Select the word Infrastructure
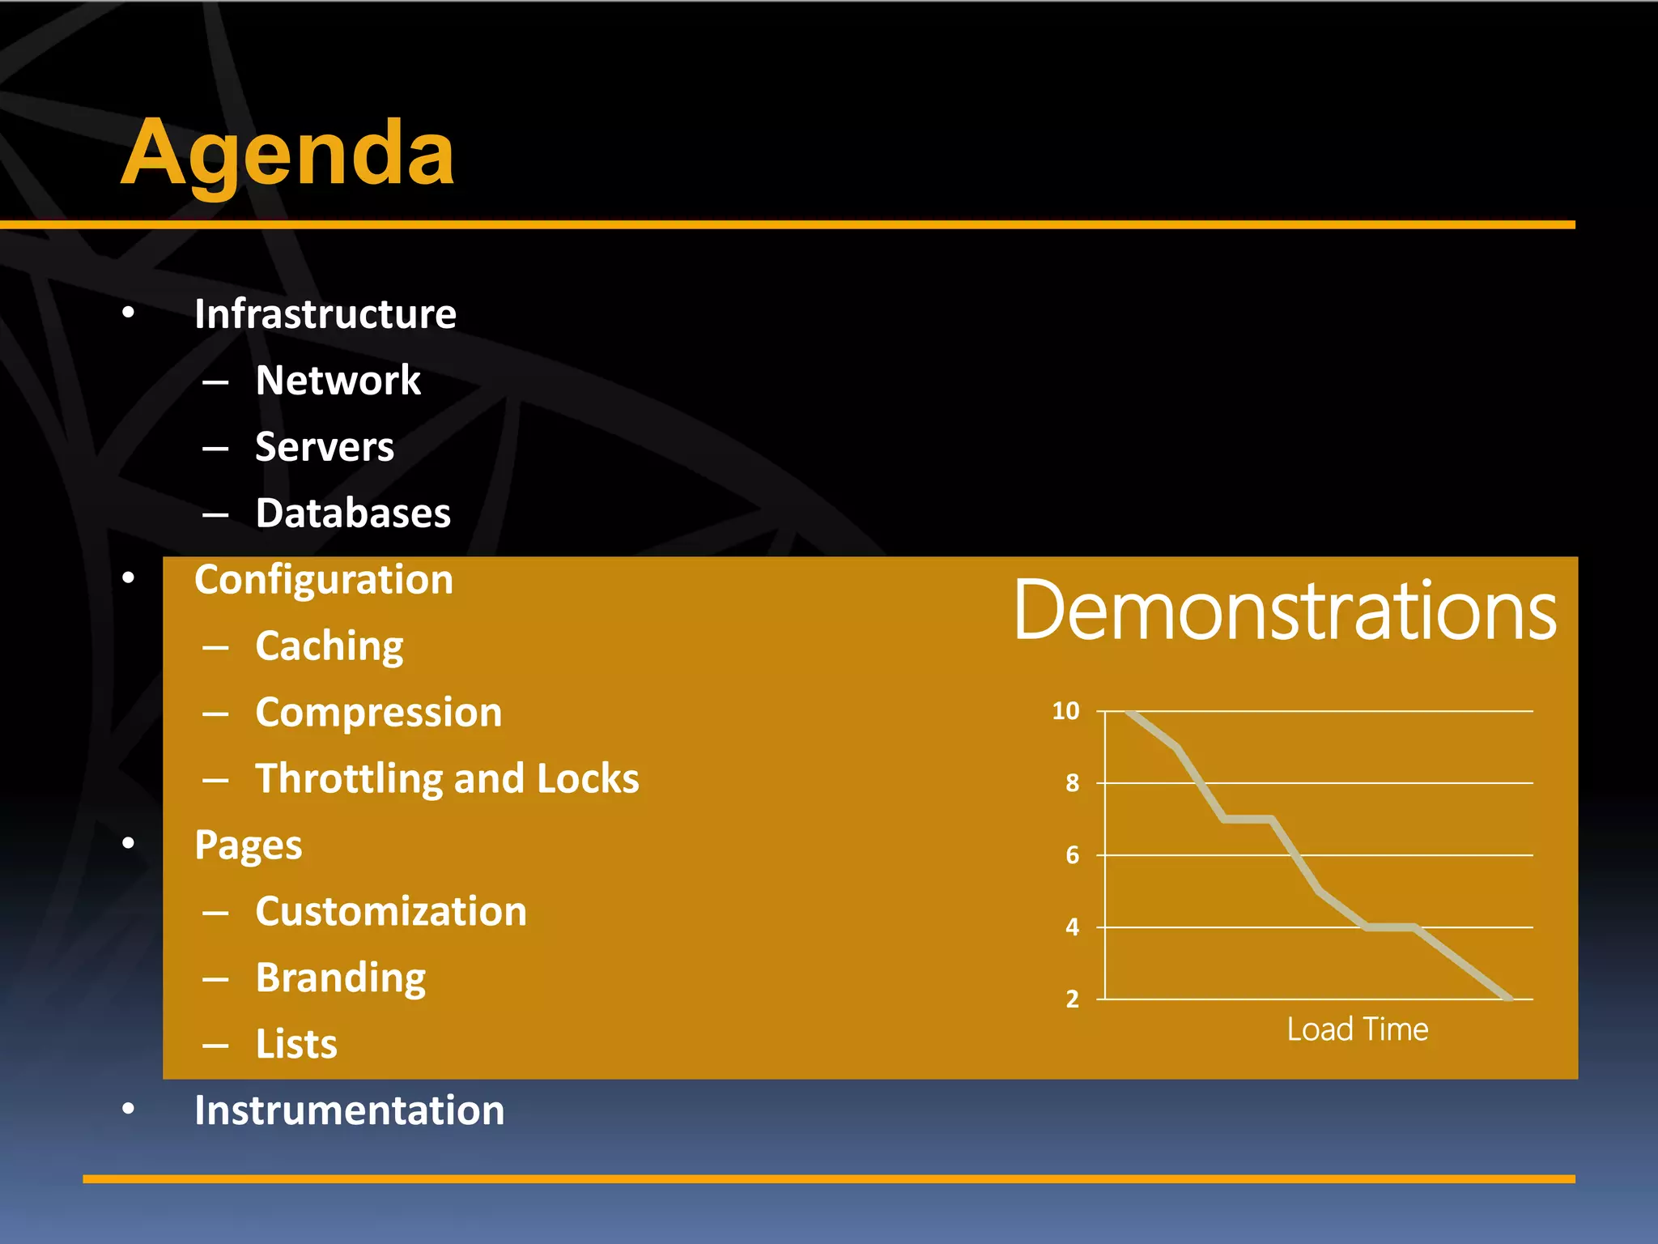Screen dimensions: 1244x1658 click(325, 314)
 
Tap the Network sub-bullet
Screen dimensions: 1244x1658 click(338, 381)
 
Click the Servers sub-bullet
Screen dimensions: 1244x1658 click(325, 447)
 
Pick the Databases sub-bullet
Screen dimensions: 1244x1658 click(353, 513)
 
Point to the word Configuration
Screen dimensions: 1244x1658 click(324, 580)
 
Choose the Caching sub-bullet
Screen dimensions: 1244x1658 click(329, 646)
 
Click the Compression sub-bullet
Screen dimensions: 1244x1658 click(379, 713)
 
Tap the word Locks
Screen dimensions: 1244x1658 click(588, 779)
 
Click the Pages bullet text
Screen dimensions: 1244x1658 click(248, 846)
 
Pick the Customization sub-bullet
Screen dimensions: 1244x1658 click(391, 912)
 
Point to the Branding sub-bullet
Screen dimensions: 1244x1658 click(341, 978)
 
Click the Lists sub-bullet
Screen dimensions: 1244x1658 click(296, 1045)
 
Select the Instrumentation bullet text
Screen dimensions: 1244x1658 click(349, 1110)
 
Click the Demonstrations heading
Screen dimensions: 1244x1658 click(1285, 611)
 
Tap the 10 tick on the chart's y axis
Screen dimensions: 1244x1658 click(1065, 711)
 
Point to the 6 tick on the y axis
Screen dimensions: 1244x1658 click(1072, 855)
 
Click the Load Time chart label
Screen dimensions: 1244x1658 click(1358, 1029)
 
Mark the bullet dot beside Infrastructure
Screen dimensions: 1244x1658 click(128, 313)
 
